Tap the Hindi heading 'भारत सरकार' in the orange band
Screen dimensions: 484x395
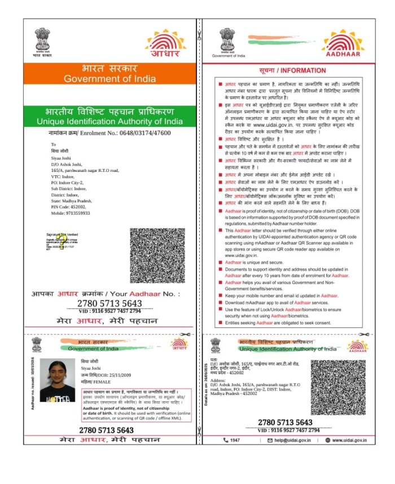point(109,68)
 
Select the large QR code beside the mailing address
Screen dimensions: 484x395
point(157,255)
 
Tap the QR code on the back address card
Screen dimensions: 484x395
point(338,388)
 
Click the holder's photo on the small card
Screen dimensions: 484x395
point(58,381)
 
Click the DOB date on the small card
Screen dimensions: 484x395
point(115,374)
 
